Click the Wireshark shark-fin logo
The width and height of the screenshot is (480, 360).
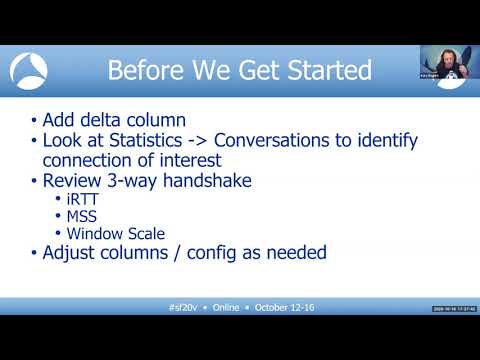(29, 70)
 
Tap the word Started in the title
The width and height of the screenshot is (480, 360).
(326, 71)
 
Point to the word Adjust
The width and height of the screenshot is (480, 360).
(72, 253)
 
